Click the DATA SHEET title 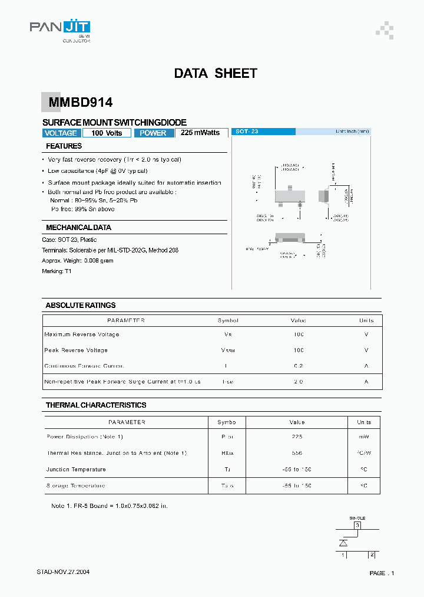click(216, 74)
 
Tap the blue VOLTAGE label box click(61, 133)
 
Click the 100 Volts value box click(107, 133)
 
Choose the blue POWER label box click(154, 133)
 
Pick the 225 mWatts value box click(201, 133)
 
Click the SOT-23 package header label click(247, 132)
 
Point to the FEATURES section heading click(64, 146)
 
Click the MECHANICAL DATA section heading click(78, 227)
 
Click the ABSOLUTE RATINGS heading click(80, 305)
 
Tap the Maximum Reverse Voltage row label click(82, 334)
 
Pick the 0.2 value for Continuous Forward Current click(298, 366)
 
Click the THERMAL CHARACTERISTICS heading click(96, 405)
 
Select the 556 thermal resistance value click(297, 453)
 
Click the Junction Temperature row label click(76, 470)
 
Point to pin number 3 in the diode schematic click(357, 525)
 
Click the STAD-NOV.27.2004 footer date click(63, 572)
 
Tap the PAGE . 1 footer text click(382, 573)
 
